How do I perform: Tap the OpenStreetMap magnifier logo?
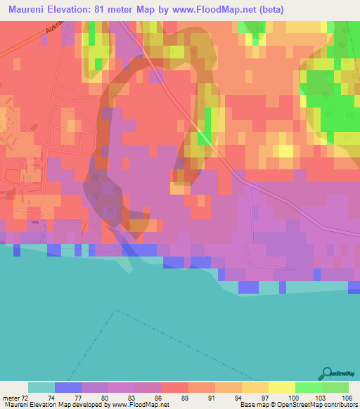tap(326, 373)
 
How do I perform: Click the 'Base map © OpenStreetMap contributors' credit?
tap(297, 405)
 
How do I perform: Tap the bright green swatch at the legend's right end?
tap(335, 387)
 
